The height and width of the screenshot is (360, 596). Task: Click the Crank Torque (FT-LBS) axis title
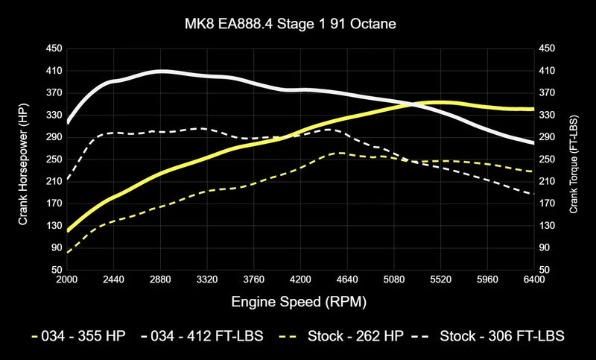pyautogui.click(x=574, y=160)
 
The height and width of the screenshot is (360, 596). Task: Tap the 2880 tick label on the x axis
pyautogui.click(x=161, y=280)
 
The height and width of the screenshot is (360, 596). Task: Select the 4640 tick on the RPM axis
pyautogui.click(x=348, y=280)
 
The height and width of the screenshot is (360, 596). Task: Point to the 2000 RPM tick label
pyautogui.click(x=67, y=280)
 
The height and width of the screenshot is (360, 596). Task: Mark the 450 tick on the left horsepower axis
pyautogui.click(x=54, y=48)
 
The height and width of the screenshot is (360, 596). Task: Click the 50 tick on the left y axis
pyautogui.click(x=57, y=270)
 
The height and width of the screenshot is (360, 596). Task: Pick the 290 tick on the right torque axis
pyautogui.click(x=548, y=137)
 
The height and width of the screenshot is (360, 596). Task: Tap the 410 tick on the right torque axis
pyautogui.click(x=548, y=71)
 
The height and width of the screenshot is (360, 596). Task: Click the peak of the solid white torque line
pyautogui.click(x=160, y=71)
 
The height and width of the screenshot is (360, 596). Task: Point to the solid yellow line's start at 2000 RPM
pyautogui.click(x=68, y=231)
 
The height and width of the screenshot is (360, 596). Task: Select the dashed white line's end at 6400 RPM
pyautogui.click(x=534, y=195)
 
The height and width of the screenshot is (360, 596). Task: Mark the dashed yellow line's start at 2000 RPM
pyautogui.click(x=68, y=253)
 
